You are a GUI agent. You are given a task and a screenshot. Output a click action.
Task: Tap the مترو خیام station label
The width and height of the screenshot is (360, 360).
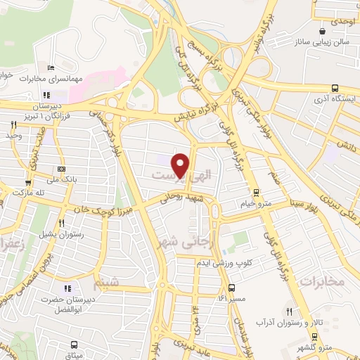tap(257, 204)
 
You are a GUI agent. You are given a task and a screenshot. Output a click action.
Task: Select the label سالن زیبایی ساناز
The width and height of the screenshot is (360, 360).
tap(323, 44)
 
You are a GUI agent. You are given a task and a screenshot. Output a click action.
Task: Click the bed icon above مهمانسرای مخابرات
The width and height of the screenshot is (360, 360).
tap(51, 67)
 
